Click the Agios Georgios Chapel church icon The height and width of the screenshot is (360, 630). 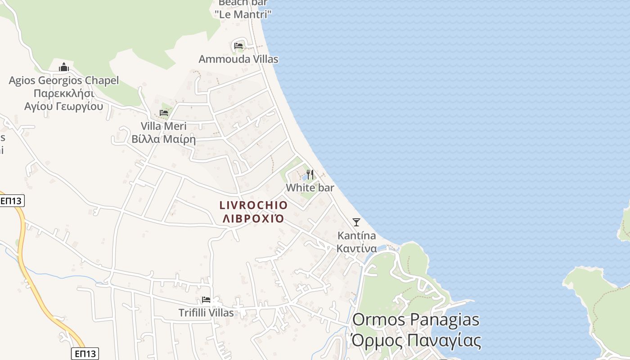(x=64, y=67)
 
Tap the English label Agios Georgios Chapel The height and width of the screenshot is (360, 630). (x=64, y=81)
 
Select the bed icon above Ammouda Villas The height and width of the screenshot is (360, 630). (x=238, y=45)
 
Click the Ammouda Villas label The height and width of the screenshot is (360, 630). (x=238, y=59)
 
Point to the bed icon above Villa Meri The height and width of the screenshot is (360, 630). (x=164, y=112)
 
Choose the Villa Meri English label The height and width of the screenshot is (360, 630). (x=164, y=126)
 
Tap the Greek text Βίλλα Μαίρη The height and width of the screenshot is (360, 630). (x=164, y=139)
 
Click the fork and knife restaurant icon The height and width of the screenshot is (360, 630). (x=310, y=174)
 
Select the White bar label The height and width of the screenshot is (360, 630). (x=310, y=187)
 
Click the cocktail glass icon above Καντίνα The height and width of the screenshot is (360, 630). (x=356, y=222)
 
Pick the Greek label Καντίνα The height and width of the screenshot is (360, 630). (x=357, y=248)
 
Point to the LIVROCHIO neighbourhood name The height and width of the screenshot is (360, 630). (x=253, y=205)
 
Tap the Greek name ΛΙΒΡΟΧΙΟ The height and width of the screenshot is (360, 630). (x=253, y=219)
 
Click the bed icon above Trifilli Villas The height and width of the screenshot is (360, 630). (x=206, y=299)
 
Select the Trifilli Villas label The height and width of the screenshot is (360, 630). (x=206, y=313)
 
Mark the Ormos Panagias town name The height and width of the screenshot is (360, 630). (x=415, y=319)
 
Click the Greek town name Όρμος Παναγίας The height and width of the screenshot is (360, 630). (x=416, y=340)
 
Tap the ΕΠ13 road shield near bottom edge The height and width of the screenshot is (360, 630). (x=85, y=353)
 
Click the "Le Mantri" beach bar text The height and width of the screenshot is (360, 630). (x=243, y=14)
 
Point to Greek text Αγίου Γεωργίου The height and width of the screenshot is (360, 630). (x=64, y=107)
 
